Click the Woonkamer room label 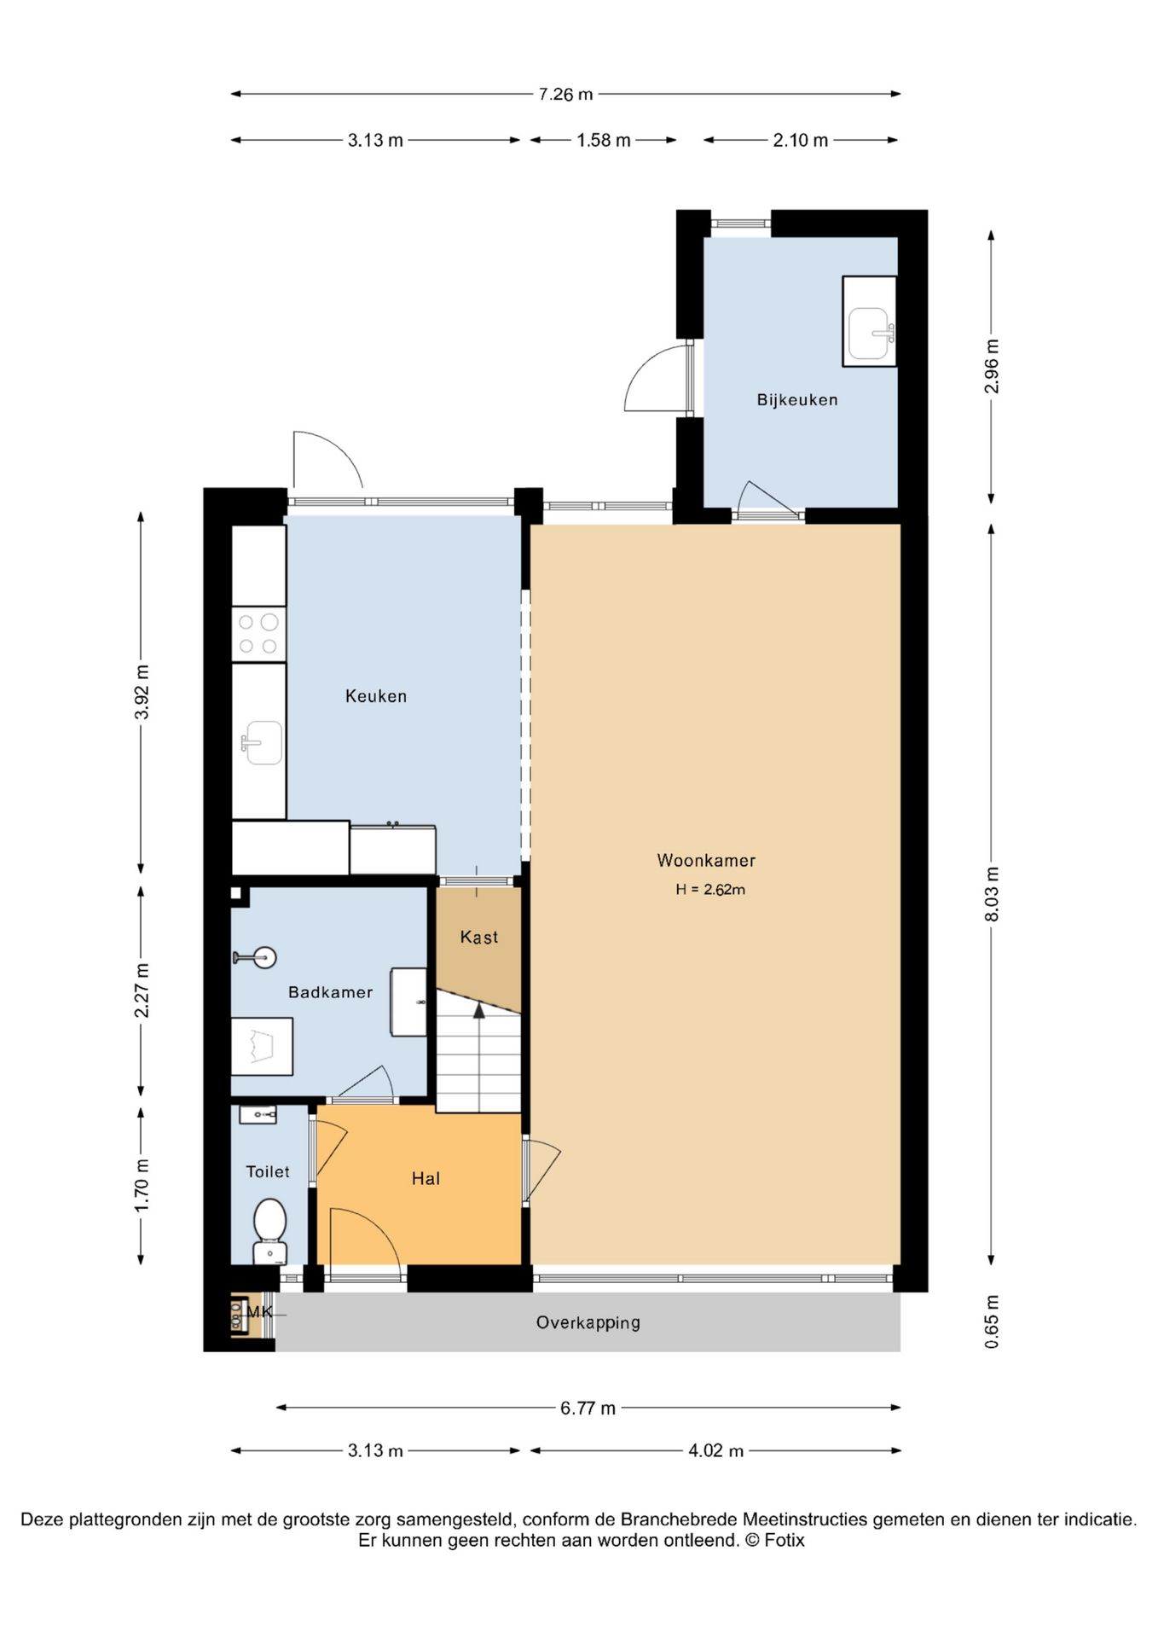[706, 860]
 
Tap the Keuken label [376, 696]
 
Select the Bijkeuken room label [797, 399]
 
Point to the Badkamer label [330, 992]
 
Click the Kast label [479, 938]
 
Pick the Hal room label [426, 1178]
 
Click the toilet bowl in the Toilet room [270, 1229]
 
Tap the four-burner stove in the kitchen [258, 634]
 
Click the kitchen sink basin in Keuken [262, 743]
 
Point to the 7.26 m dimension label [565, 94]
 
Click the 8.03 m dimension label [991, 893]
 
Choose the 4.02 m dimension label [716, 1450]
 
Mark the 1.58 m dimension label [604, 140]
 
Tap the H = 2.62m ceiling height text [710, 889]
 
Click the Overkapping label [588, 1322]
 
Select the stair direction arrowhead [479, 1010]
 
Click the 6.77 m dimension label [588, 1408]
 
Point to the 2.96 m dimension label [991, 366]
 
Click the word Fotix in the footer [784, 1540]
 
